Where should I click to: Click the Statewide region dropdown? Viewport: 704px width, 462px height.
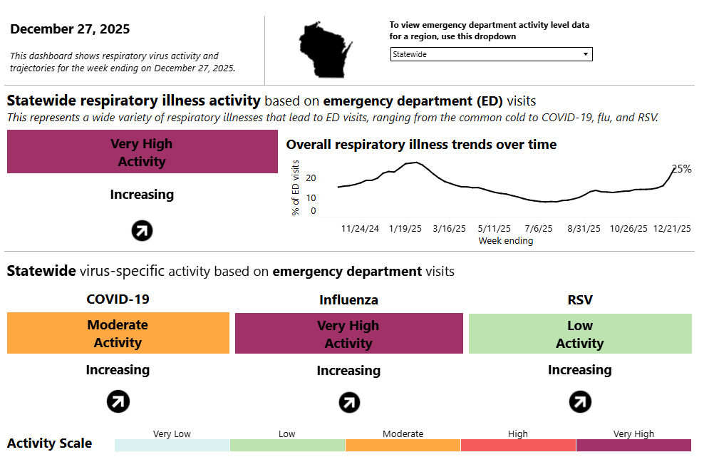coord(491,54)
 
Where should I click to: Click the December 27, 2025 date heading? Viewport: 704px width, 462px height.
coord(70,29)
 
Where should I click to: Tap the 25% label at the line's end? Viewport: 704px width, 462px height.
coord(682,169)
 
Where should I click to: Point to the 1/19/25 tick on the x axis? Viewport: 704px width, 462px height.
coord(405,229)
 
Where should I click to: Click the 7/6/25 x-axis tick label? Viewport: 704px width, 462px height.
coord(538,229)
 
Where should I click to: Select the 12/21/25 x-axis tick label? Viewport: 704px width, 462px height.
coord(673,229)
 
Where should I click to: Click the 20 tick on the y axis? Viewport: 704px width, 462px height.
coord(311,178)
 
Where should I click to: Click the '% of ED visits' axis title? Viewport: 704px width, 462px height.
coord(296,188)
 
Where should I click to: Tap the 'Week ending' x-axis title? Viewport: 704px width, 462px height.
coord(505,241)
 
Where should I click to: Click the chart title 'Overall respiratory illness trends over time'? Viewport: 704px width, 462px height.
coord(421,145)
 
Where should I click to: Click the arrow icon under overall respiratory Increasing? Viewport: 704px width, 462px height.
coord(142,230)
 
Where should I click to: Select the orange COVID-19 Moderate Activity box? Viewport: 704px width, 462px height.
coord(118,333)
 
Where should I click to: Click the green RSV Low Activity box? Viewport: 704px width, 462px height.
coord(579,334)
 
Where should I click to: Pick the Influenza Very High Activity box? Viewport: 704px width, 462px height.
coord(348,334)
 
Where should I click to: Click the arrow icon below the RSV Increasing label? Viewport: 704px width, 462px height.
coord(579,402)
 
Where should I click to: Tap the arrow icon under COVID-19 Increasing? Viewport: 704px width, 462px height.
coord(118,402)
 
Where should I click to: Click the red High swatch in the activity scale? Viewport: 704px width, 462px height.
coord(518,445)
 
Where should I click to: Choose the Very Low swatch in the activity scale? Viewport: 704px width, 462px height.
coord(172,445)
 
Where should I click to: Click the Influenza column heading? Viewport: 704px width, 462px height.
coord(348,300)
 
